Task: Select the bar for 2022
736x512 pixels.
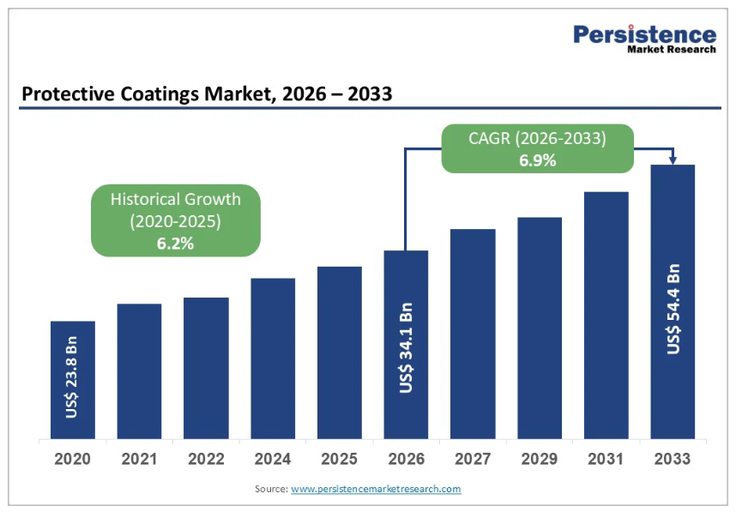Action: tap(206, 368)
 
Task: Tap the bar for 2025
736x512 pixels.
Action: tap(339, 352)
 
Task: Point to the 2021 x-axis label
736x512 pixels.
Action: tap(139, 459)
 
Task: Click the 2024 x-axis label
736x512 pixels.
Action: tap(273, 459)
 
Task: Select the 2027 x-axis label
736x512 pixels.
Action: tap(473, 459)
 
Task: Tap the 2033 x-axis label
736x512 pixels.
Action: tap(673, 459)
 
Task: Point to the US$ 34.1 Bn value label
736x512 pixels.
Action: tap(407, 348)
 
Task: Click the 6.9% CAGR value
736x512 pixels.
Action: tap(538, 160)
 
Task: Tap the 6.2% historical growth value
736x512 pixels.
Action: tap(175, 243)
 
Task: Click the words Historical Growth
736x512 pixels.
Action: tap(175, 199)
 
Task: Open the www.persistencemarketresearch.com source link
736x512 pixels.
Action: tap(376, 489)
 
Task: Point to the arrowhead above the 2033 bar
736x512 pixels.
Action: tap(673, 160)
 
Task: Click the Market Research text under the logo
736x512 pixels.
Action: tap(672, 50)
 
